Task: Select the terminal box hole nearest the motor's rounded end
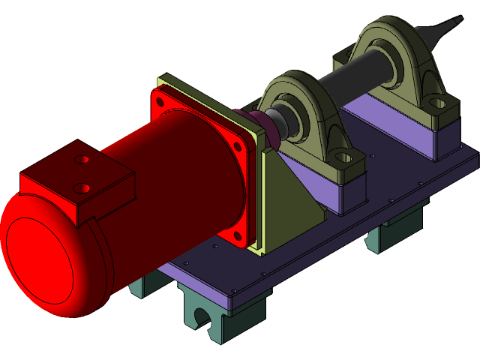pyautogui.click(x=83, y=187)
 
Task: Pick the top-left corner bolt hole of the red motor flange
pyautogui.click(x=160, y=97)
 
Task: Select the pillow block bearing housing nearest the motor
pyautogui.click(x=304, y=120)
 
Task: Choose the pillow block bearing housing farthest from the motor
pyautogui.click(x=397, y=64)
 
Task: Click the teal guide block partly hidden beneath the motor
pyautogui.click(x=142, y=285)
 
